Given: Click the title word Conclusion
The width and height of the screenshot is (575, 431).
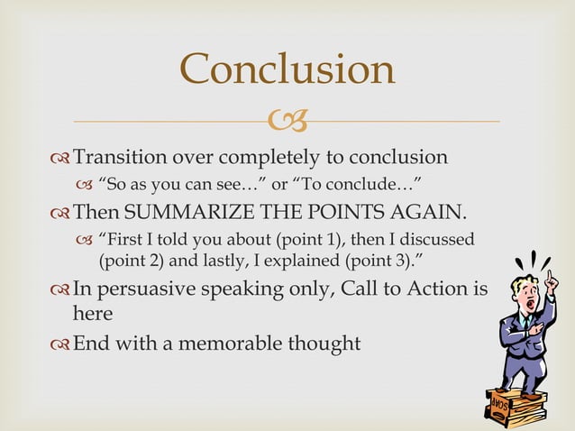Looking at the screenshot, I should tap(287, 69).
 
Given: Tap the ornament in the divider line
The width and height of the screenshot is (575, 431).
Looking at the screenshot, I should tap(287, 120).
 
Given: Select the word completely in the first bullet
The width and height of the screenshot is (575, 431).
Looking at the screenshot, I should tap(275, 159).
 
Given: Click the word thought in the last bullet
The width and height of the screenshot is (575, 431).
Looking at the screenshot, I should tap(325, 344).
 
